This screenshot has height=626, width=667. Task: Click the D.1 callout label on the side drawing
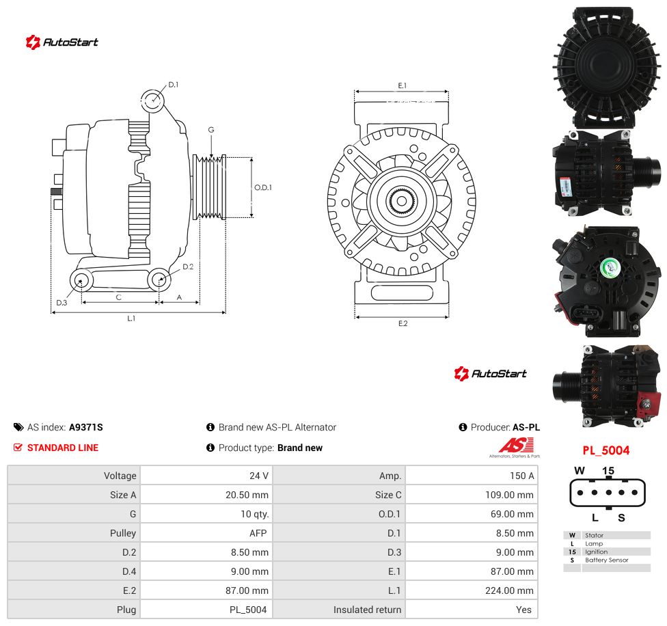pyautogui.click(x=174, y=85)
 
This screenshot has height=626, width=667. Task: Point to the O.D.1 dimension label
pyautogui.click(x=263, y=187)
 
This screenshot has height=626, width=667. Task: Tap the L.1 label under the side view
pyautogui.click(x=131, y=318)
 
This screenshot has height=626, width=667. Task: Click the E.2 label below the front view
pyautogui.click(x=403, y=324)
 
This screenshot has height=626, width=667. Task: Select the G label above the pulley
pyautogui.click(x=211, y=130)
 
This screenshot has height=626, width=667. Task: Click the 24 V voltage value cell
pyautogui.click(x=259, y=476)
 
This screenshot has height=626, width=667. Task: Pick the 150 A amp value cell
pyautogui.click(x=522, y=476)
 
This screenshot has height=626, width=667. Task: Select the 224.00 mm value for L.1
pyautogui.click(x=509, y=590)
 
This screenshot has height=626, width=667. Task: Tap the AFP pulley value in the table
pyautogui.click(x=258, y=533)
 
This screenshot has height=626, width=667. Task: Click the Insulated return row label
pyautogui.click(x=367, y=610)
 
